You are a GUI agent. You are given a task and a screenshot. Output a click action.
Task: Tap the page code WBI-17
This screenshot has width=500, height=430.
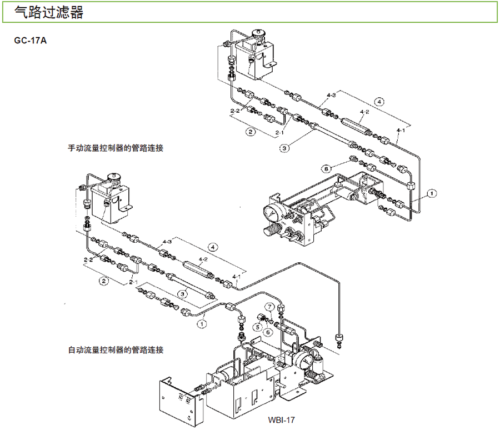coord(280,420)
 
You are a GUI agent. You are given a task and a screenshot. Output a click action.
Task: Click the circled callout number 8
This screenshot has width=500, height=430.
coord(327,167)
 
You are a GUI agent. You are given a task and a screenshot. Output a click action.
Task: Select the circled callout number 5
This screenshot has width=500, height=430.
coord(258,327)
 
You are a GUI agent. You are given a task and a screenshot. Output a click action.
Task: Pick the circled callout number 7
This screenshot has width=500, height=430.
coord(268,306)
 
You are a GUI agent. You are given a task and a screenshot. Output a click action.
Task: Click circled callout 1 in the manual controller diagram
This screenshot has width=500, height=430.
coord(432,193)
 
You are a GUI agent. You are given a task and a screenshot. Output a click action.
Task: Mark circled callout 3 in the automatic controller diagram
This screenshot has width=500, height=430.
coord(181,294)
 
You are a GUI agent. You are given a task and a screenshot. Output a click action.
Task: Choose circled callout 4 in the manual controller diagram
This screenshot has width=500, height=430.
coord(379,102)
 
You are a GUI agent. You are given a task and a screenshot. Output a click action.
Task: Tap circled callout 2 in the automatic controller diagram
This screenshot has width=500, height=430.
coord(103,281)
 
